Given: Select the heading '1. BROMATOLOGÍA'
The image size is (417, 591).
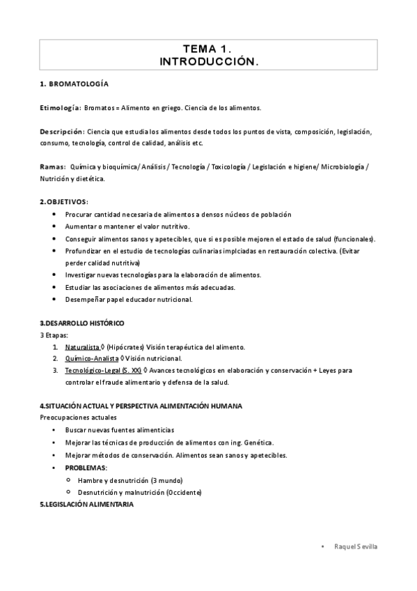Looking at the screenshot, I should coord(74,84).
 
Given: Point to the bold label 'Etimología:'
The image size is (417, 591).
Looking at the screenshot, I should coord(61,108).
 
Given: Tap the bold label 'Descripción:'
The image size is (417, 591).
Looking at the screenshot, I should coord(63,132).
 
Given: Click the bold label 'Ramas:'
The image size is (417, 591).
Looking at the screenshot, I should coord(53,167).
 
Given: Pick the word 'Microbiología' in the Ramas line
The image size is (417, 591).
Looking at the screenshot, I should coord(343,167).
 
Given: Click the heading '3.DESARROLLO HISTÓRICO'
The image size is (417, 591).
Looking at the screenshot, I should coord(82,324).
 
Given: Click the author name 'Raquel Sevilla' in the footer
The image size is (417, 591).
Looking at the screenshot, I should coord(355,547).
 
